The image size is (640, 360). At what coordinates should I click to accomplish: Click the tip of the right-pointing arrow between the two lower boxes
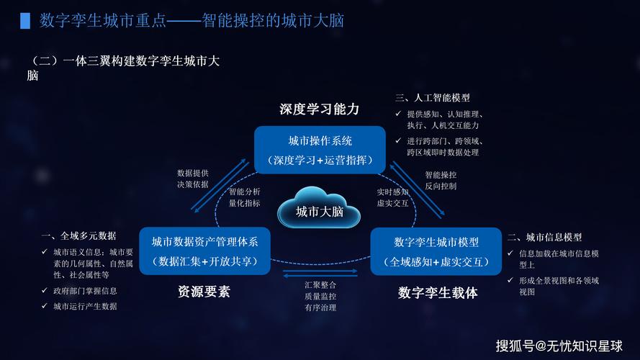tap(358, 271)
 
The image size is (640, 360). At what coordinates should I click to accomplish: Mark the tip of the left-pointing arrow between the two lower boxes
tap(283, 276)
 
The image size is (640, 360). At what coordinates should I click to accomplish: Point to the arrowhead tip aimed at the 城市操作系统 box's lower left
tap(246, 159)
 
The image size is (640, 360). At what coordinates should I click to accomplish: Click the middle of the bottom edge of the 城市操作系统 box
tap(320, 174)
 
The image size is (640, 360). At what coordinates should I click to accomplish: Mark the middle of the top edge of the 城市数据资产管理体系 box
tap(204, 228)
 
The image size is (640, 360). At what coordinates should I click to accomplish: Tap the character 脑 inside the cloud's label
tap(338, 212)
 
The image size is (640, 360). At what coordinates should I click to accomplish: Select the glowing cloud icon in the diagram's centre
tap(319, 207)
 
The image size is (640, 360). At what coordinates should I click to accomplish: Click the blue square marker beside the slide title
tap(25, 21)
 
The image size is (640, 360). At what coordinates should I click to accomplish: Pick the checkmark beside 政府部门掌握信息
tap(45, 291)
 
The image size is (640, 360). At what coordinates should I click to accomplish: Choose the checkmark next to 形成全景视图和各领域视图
tap(510, 280)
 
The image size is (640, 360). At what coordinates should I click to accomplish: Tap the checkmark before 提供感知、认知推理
tap(398, 114)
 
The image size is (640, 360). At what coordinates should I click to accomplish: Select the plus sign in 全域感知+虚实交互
tap(436, 262)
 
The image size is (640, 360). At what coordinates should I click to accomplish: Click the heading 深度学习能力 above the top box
tap(320, 109)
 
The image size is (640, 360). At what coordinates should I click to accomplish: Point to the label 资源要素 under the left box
tap(204, 292)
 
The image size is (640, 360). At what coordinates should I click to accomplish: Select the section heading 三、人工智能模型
tap(433, 98)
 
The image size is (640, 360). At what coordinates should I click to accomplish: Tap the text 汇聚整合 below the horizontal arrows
tap(320, 285)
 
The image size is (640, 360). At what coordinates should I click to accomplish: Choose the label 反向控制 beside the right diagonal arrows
tap(441, 186)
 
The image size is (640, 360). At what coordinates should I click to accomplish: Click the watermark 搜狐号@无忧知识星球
tap(559, 346)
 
